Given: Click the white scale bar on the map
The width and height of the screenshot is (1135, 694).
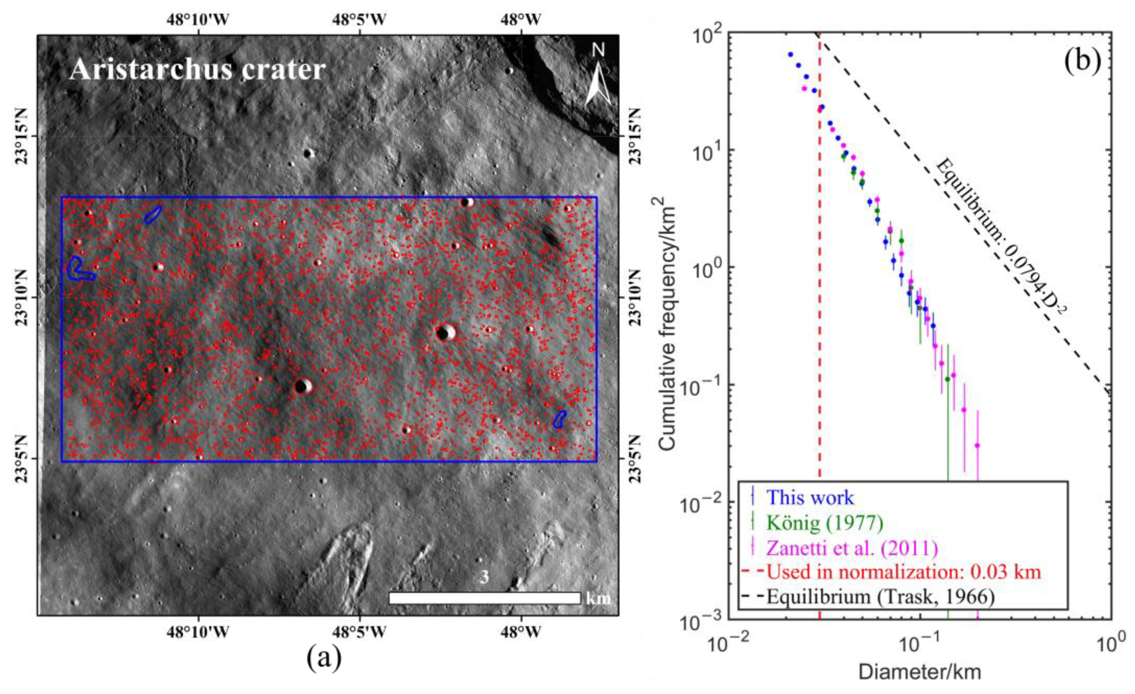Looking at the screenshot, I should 484,598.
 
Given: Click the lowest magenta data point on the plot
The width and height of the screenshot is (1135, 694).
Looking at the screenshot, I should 977,446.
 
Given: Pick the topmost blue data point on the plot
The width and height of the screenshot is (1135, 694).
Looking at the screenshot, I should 790,54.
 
